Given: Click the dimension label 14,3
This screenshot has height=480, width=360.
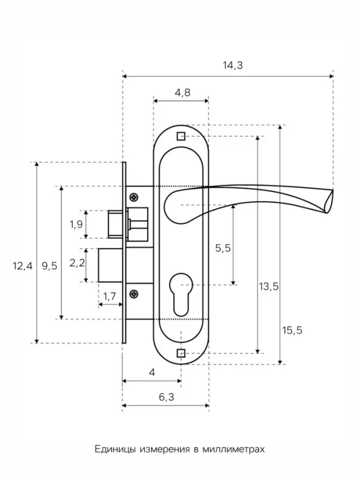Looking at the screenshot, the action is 233,65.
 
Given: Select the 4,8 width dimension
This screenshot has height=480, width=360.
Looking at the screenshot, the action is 182,92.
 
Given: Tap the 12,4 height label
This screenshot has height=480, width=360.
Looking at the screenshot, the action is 22,266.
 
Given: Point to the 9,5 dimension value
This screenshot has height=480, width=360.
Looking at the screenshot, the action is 50,266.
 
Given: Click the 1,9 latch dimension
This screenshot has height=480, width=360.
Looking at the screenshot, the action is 76,224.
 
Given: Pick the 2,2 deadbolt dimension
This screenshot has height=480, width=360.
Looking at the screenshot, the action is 77,262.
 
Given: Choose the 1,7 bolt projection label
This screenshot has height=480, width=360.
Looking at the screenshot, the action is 109,296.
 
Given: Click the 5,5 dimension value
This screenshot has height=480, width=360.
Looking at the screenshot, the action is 223,248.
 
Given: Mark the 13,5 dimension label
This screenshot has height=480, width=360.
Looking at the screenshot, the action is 269,286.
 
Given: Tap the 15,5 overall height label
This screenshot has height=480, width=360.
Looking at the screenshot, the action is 292,330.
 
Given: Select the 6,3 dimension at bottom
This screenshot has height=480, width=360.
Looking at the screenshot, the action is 167,397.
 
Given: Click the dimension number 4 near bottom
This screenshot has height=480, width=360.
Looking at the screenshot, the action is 152,372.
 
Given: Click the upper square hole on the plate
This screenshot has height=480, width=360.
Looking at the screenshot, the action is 181,136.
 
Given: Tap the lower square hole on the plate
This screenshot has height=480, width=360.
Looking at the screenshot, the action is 181,353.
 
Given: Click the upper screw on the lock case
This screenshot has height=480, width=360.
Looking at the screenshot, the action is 134,197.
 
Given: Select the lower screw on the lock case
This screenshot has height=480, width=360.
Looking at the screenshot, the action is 134,294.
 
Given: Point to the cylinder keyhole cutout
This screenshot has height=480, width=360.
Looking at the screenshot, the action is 181,295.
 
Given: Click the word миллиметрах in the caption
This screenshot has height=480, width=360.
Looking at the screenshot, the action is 233,449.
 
